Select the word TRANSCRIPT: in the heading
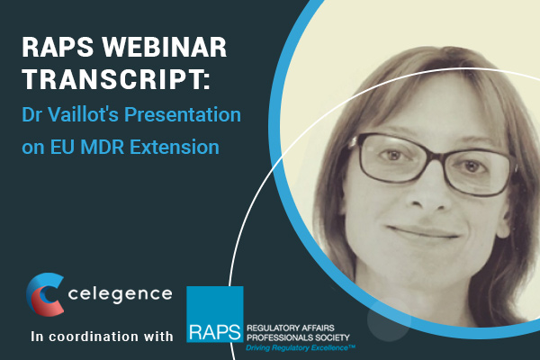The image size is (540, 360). pyautogui.click(x=116, y=79)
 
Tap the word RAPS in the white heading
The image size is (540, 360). pyautogui.click(x=58, y=47)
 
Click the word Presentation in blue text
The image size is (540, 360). pyautogui.click(x=183, y=114)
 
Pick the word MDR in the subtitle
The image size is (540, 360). pyautogui.click(x=102, y=147)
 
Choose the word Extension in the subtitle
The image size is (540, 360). pyautogui.click(x=175, y=147)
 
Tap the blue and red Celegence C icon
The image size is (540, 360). pyautogui.click(x=45, y=294)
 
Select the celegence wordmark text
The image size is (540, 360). pyautogui.click(x=121, y=294)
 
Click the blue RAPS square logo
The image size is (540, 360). pyautogui.click(x=215, y=314)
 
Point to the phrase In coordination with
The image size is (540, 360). pyautogui.click(x=102, y=337)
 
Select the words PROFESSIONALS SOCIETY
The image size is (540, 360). pyautogui.click(x=298, y=337)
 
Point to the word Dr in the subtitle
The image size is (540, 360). pyautogui.click(x=32, y=114)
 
